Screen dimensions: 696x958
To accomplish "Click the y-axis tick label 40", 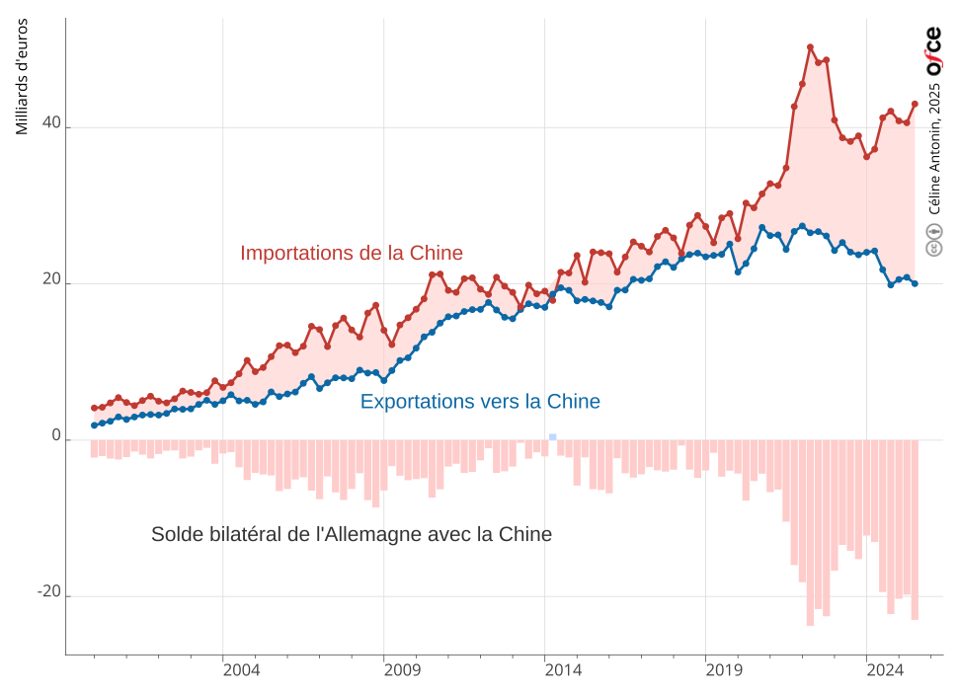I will (51, 123).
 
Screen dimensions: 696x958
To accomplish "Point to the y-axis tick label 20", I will (51, 279).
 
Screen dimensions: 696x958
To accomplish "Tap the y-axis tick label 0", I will (55, 435).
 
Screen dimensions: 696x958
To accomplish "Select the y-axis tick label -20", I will (48, 591).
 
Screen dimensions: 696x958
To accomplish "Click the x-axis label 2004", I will (241, 670).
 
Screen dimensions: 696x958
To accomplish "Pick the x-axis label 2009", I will (402, 670).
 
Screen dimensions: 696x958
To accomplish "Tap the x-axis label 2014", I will (563, 670).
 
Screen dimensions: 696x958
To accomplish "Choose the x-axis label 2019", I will (724, 670).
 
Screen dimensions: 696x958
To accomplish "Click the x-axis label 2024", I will (885, 670).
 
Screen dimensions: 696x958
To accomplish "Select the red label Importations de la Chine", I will (352, 253).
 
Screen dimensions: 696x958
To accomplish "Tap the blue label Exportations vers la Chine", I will (480, 402).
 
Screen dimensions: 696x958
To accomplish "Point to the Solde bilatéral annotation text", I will (352, 534).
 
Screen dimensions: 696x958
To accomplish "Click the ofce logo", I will (933, 52).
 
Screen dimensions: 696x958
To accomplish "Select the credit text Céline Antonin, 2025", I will (934, 149).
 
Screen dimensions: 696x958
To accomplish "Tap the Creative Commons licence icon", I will (934, 240).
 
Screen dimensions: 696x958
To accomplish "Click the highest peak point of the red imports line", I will (810, 47).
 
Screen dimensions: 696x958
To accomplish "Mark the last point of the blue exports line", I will (915, 283).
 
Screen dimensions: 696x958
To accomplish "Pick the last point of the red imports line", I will (915, 104).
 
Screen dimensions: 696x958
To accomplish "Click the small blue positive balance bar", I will (553, 436).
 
